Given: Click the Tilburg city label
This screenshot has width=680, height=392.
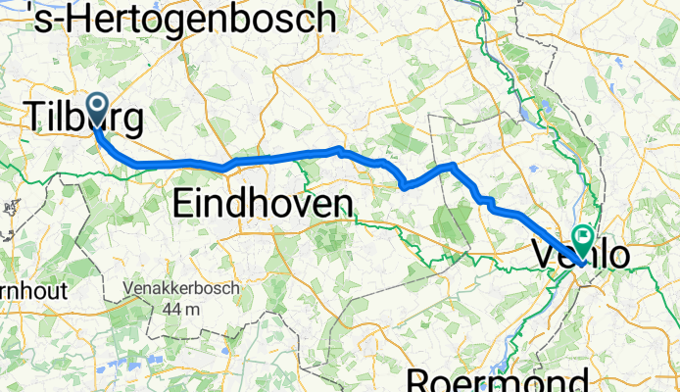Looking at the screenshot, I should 83,118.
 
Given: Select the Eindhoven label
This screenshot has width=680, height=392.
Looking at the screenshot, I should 262,204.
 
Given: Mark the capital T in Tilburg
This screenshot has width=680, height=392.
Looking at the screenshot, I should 35,118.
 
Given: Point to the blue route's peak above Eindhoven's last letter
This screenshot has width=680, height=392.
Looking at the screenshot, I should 339,149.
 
